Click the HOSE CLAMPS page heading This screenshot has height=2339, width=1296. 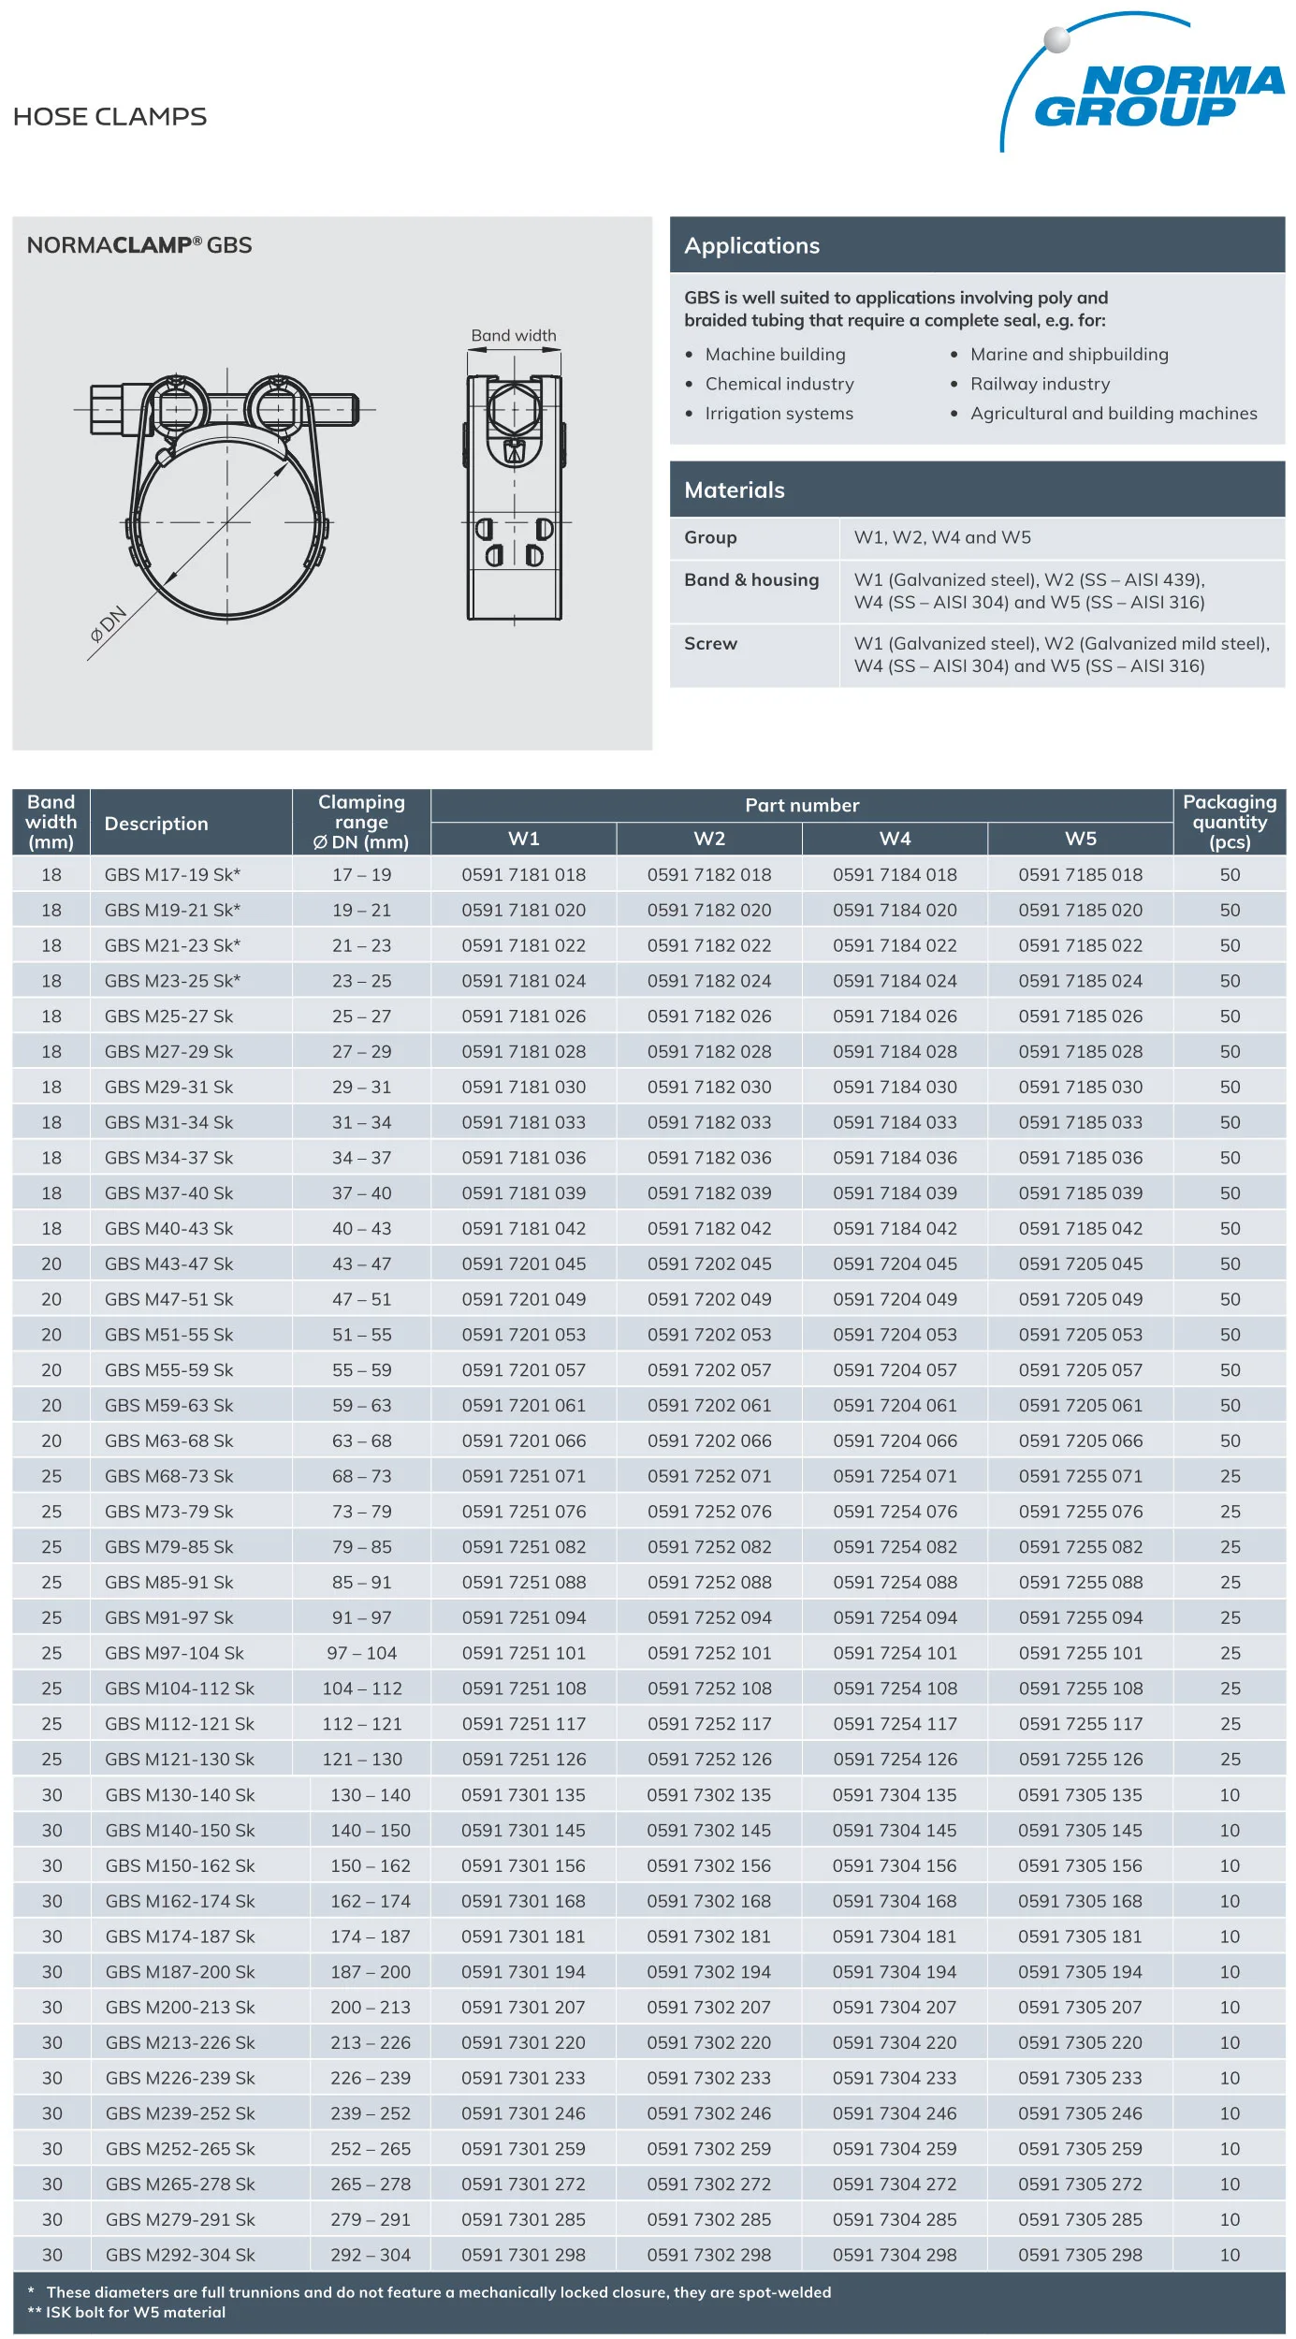(x=109, y=117)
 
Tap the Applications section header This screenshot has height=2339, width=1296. (x=751, y=246)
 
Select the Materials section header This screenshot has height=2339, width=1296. (x=734, y=490)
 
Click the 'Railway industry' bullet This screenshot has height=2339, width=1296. (x=1040, y=384)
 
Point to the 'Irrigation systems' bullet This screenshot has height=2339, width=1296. (x=779, y=414)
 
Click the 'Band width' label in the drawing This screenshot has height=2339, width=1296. (x=513, y=336)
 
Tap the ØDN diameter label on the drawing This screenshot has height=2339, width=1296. (x=108, y=624)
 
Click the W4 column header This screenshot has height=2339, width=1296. (x=895, y=839)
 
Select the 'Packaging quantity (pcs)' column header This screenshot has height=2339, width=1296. (x=1229, y=822)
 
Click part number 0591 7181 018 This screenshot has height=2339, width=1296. (x=523, y=875)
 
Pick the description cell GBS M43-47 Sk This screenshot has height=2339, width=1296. (x=168, y=1265)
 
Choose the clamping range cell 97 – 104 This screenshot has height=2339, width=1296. (x=361, y=1654)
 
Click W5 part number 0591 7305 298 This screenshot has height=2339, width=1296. (x=1080, y=2256)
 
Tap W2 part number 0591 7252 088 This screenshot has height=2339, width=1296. (x=709, y=1583)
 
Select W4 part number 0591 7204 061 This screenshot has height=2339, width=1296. (x=895, y=1406)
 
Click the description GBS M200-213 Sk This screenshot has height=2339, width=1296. (x=180, y=2008)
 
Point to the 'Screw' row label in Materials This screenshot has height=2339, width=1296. (x=710, y=644)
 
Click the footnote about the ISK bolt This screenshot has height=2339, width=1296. (x=127, y=2313)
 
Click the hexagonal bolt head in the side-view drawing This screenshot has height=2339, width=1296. (x=513, y=409)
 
